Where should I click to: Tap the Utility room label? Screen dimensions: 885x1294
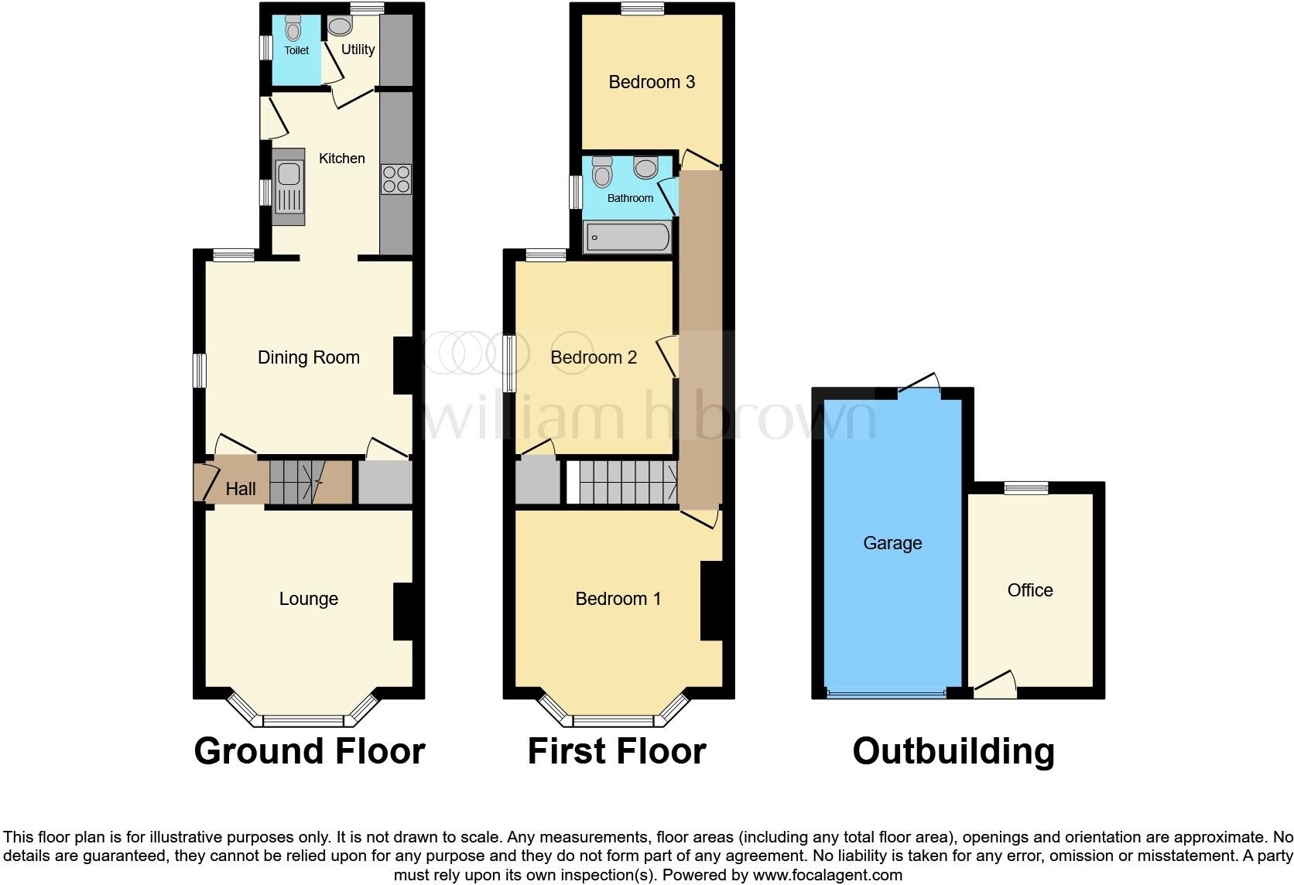pos(358,50)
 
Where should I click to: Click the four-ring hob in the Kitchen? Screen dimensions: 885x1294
pos(395,179)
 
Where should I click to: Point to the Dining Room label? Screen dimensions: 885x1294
pos(308,357)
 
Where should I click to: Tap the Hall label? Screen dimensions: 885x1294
pos(241,489)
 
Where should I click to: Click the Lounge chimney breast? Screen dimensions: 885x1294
pos(403,611)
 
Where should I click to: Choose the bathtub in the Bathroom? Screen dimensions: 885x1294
pos(627,237)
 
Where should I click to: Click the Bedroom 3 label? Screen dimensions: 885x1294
pos(652,82)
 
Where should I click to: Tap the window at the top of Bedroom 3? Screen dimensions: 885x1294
pos(642,9)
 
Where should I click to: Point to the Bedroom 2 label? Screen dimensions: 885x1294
pos(594,357)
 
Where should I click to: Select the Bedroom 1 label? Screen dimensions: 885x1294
pos(618,599)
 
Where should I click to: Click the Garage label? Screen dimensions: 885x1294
pos(892,543)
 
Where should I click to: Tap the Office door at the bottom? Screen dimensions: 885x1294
pos(996,685)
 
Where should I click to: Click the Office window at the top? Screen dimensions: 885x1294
pos(1026,487)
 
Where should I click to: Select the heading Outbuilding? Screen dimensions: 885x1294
pos(953,751)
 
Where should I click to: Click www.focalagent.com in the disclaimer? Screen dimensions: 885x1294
pos(827,876)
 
